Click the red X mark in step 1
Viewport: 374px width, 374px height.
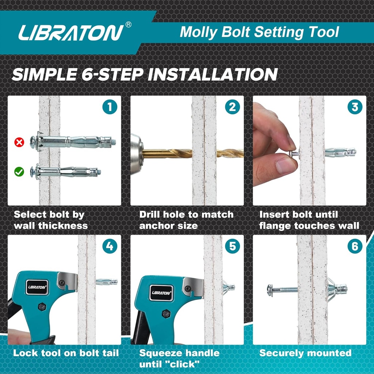19,142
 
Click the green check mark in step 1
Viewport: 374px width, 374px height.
19,171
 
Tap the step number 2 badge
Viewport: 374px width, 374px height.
232,107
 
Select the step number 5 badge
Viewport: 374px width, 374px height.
232,246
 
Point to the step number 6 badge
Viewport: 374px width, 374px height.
355,246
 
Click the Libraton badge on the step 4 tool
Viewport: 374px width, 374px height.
37,287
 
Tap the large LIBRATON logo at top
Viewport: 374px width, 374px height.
71,33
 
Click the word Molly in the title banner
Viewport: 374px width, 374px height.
199,32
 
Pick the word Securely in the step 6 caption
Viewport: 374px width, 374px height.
280,353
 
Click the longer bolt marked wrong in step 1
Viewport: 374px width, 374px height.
73,141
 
